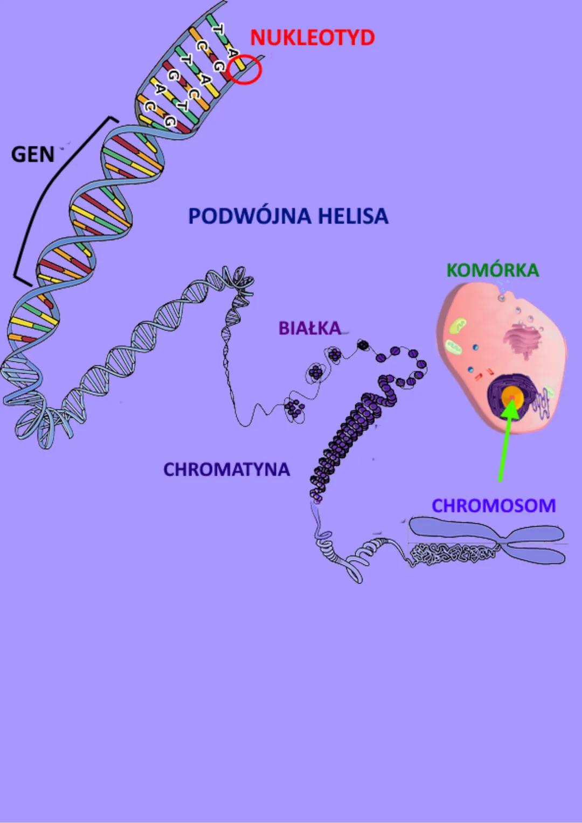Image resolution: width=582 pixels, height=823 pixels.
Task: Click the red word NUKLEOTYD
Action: (312, 38)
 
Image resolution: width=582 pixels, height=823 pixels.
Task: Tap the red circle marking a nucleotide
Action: (244, 70)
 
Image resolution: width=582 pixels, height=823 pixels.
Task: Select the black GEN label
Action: (33, 155)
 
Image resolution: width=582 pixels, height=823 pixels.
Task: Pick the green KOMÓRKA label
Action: (493, 270)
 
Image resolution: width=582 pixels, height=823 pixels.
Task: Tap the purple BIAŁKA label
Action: (310, 328)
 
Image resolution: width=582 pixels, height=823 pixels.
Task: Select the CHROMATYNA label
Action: (226, 470)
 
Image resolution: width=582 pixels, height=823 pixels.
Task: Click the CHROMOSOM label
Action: (494, 506)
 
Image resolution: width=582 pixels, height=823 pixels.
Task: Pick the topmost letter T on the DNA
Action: (218, 29)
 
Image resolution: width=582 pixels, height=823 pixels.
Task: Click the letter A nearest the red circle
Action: (232, 53)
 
